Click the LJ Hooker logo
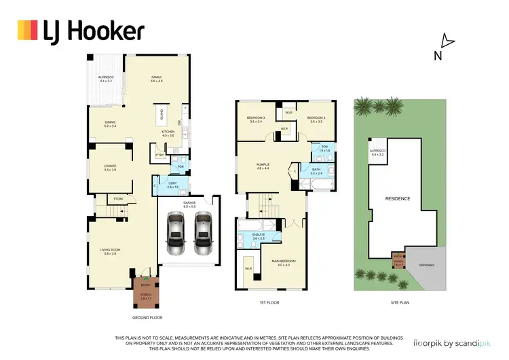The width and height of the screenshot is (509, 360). click(80, 31)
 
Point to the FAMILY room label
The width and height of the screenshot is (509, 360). click(156, 79)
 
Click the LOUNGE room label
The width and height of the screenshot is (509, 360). click(109, 167)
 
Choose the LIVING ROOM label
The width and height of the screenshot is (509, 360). click(109, 252)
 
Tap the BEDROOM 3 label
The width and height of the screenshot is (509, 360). click(255, 120)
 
